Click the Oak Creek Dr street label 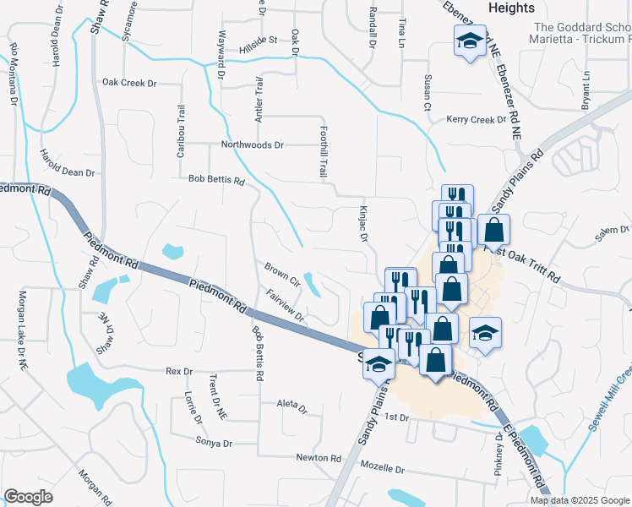130,83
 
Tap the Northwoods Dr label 252,144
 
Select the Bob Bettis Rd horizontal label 216,180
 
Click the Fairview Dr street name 284,305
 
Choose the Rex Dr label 179,371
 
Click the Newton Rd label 318,458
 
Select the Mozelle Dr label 384,467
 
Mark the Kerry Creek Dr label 476,120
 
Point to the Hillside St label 259,40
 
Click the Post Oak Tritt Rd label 522,262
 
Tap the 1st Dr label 396,417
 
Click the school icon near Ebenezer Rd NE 466,41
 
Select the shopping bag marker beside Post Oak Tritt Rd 494,230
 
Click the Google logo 28,497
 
